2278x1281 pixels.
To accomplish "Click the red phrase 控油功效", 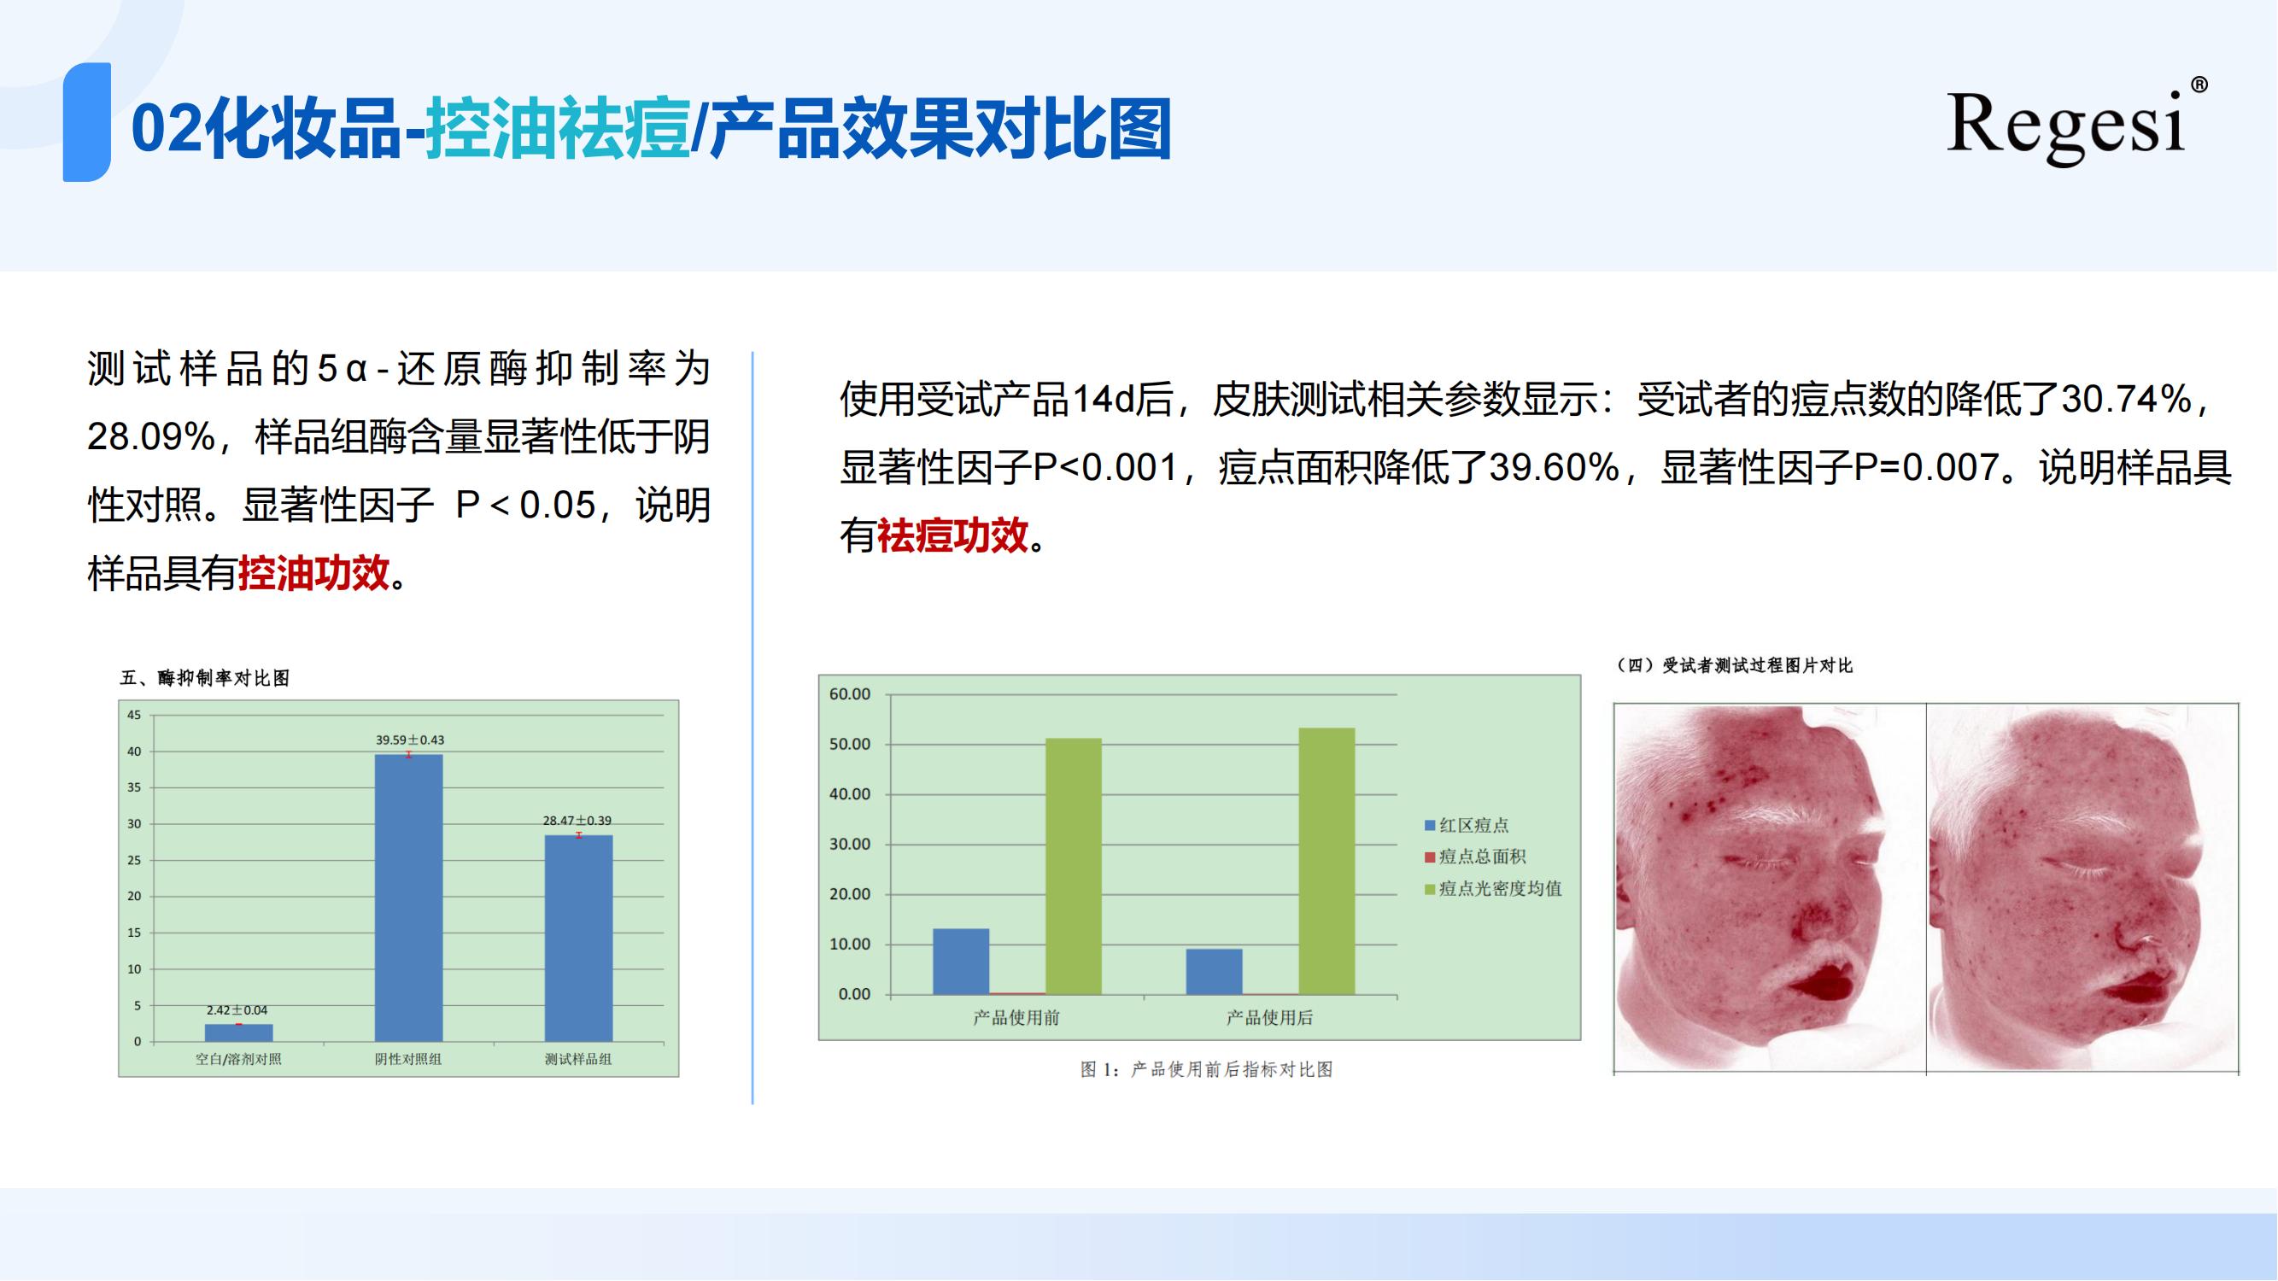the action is [x=314, y=574].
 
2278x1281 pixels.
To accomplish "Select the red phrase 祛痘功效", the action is [x=952, y=535].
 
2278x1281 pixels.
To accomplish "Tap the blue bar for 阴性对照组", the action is [x=408, y=898].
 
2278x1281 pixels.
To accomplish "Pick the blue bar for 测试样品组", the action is [x=578, y=938].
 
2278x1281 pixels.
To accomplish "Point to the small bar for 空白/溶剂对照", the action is [x=239, y=1032].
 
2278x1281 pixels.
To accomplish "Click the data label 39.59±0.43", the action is [x=409, y=740].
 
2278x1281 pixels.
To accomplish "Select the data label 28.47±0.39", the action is [x=577, y=821].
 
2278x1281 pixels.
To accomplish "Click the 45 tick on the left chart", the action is [x=133, y=714].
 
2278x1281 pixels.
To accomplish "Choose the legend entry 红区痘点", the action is [x=1467, y=825].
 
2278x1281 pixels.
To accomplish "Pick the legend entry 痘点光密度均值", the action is [x=1494, y=888].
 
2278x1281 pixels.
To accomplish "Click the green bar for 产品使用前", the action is [x=1074, y=866].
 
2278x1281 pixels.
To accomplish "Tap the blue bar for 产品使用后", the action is [x=1215, y=972].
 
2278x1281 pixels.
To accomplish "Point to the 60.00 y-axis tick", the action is [x=850, y=694].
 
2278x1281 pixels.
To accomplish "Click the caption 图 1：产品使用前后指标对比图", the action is [x=1207, y=1070].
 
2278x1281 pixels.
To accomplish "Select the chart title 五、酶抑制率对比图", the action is [x=205, y=678].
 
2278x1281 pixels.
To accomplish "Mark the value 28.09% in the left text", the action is [x=151, y=437].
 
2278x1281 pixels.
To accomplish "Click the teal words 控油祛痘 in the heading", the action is [x=558, y=129].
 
